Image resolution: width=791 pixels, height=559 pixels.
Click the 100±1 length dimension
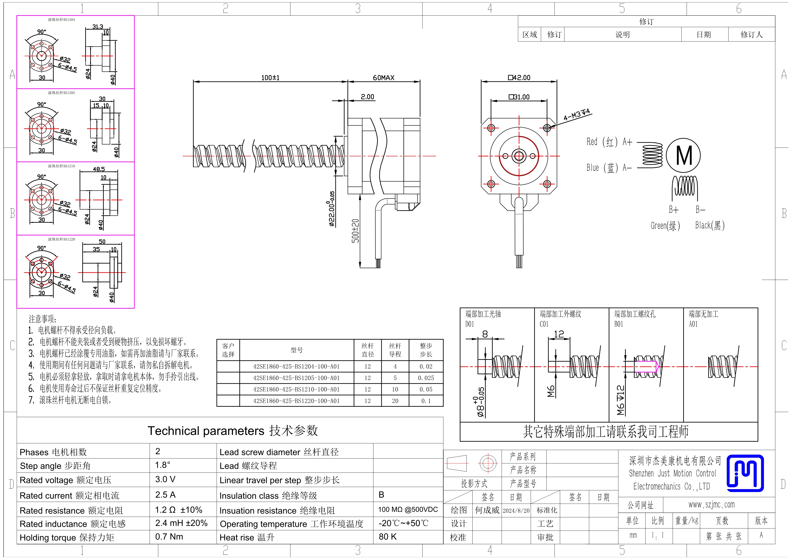(270, 78)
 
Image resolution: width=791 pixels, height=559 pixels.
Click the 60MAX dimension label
(384, 78)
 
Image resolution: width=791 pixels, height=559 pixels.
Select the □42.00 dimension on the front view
(519, 78)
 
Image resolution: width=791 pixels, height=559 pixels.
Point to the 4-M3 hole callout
(577, 114)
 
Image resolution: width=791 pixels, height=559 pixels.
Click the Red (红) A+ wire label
(609, 142)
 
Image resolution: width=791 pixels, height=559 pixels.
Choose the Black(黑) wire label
(710, 225)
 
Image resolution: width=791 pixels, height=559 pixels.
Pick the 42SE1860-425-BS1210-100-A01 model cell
(296, 389)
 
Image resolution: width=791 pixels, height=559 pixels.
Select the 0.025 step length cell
(426, 378)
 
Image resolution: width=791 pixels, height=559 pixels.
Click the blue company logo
(745, 473)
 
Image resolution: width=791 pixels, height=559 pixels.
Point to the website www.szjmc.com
(711, 505)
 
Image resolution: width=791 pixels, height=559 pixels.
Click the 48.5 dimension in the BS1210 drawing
(99, 169)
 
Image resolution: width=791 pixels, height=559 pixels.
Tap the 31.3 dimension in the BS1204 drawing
(97, 27)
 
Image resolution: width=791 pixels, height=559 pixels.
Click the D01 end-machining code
(469, 324)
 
